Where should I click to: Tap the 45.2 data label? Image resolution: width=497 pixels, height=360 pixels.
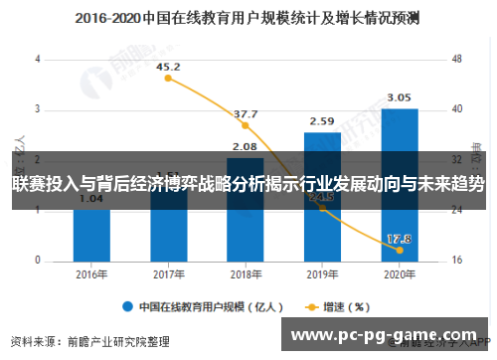click(169, 67)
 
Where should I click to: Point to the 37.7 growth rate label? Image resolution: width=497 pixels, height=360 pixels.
click(246, 114)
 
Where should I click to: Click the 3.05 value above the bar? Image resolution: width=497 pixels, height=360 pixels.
click(400, 97)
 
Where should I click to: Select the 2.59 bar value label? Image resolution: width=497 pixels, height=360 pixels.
click(322, 121)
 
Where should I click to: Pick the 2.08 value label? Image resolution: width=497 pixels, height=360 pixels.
click(246, 147)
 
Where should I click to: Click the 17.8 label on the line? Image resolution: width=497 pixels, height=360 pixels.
click(399, 239)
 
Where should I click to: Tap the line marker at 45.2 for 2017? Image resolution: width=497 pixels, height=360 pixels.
click(168, 79)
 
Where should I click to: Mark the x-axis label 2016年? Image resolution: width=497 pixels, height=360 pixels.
click(90, 274)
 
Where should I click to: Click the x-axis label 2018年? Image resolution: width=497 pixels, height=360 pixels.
click(246, 274)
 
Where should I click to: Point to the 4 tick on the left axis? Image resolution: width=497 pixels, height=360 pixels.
click(37, 59)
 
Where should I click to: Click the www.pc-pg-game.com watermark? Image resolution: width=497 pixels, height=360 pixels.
click(388, 335)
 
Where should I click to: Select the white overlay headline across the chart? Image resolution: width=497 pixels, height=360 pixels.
click(248, 184)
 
